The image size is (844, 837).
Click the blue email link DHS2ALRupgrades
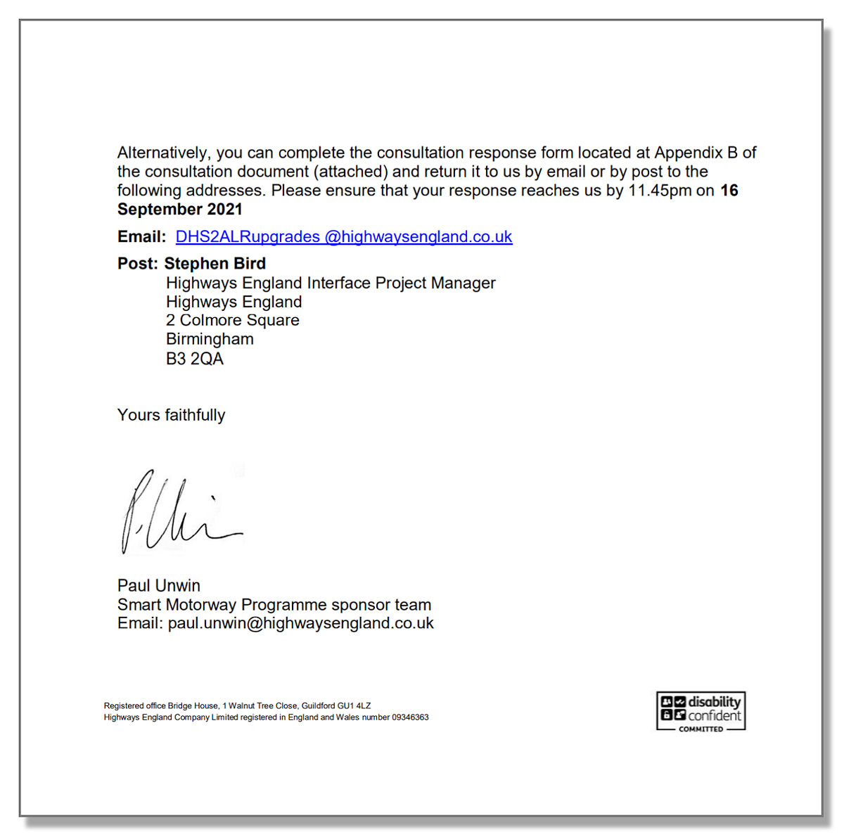point(343,237)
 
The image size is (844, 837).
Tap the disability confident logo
point(701,711)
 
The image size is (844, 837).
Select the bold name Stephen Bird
point(215,264)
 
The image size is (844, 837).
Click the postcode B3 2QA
point(194,359)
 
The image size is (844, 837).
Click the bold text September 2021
point(179,210)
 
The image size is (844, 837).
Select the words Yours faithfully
point(171,415)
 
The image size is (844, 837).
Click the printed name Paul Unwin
point(158,586)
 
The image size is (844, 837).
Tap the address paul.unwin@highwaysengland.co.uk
point(300,623)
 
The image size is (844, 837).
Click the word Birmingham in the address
point(210,339)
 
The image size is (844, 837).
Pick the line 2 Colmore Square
point(232,321)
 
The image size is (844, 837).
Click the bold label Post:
point(137,264)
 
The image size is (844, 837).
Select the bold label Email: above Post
point(141,237)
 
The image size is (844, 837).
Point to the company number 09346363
point(409,717)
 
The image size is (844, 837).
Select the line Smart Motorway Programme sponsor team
point(274,605)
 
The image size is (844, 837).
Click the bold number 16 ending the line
point(729,191)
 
